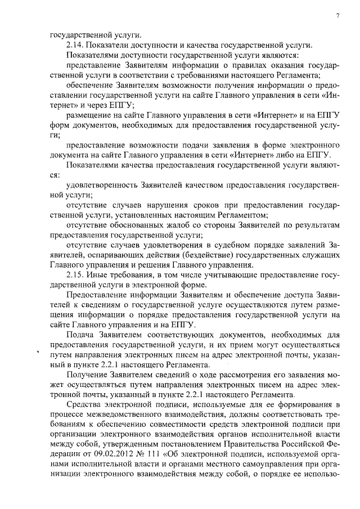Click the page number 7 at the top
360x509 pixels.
pos(338,16)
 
